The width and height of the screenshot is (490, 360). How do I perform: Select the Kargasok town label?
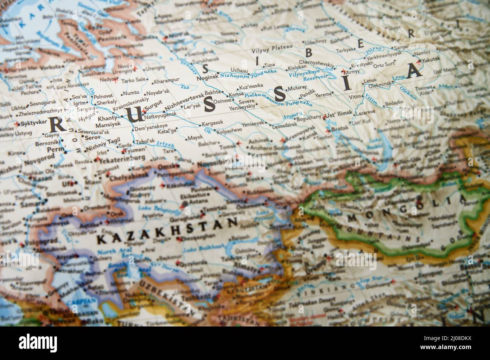point(213,124)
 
